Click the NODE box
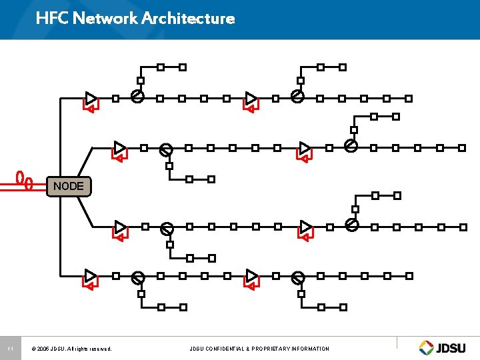click(x=69, y=186)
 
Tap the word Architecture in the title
click(x=188, y=18)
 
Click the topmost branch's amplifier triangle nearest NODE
click(x=91, y=98)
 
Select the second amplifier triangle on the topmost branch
click(x=251, y=98)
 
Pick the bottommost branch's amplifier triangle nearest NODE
click(x=91, y=275)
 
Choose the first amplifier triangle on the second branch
click(x=119, y=147)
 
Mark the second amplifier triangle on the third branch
click(x=305, y=227)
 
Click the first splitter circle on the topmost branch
click(x=137, y=97)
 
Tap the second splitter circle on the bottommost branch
click(x=298, y=277)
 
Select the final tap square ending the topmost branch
click(x=409, y=98)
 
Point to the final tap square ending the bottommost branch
click(x=409, y=275)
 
